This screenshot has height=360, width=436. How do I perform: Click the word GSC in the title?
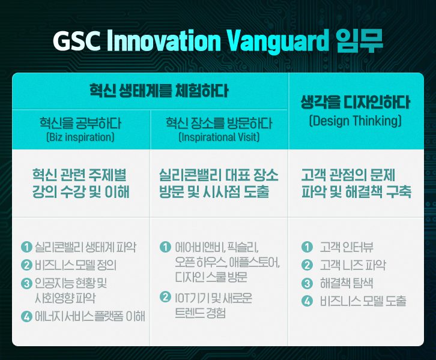click(x=77, y=41)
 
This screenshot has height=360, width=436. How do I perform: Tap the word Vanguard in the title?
click(x=278, y=42)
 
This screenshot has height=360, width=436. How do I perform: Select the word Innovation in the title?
click(x=164, y=41)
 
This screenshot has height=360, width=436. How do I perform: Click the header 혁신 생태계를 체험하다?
click(x=159, y=91)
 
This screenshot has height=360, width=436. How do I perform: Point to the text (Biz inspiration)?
click(x=80, y=137)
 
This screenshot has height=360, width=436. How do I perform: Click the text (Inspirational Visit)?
click(x=219, y=137)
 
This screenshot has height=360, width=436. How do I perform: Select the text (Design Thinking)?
click(x=356, y=121)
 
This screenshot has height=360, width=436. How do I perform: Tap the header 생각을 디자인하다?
click(x=356, y=102)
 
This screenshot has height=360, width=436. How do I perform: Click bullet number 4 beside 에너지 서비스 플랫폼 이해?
click(x=26, y=316)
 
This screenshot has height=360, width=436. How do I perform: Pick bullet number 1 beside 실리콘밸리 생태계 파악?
click(x=26, y=247)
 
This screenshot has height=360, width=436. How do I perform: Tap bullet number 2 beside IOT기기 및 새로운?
click(x=165, y=297)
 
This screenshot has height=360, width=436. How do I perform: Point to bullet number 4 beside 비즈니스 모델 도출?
click(x=307, y=301)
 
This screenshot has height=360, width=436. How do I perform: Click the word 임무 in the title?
click(x=359, y=41)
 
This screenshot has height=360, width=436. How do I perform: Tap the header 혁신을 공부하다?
click(x=80, y=123)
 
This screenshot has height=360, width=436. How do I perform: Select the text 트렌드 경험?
click(x=200, y=313)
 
